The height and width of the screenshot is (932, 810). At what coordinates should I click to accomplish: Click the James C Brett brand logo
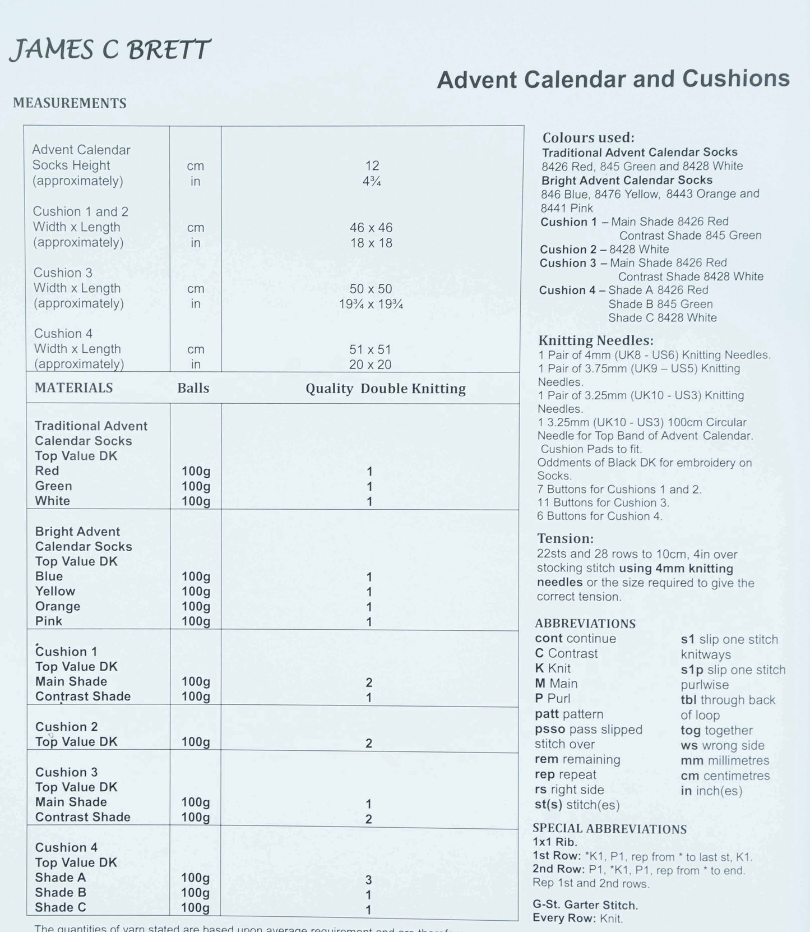[x=110, y=50]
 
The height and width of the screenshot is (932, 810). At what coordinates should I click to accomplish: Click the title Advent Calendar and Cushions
[x=613, y=79]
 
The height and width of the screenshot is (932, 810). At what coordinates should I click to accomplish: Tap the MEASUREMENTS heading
[x=70, y=103]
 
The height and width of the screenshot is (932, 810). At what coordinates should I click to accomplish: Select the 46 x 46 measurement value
[x=371, y=228]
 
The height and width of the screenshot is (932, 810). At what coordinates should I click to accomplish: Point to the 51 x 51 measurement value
[x=370, y=349]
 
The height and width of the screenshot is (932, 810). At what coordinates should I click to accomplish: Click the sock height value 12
[x=372, y=166]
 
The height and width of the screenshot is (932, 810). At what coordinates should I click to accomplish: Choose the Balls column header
[x=193, y=388]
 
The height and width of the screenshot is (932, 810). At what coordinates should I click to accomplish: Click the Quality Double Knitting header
[x=385, y=389]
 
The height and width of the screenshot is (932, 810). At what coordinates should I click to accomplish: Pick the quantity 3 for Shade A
[x=369, y=880]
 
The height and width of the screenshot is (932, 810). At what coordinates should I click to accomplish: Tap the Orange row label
[x=58, y=606]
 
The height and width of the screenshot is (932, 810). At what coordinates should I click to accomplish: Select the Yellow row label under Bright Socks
[x=55, y=591]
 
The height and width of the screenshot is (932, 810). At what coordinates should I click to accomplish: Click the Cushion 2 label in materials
[x=66, y=727]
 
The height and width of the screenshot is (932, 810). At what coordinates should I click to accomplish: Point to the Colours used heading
[x=588, y=138]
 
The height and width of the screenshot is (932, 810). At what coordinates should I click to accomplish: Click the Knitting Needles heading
[x=596, y=341]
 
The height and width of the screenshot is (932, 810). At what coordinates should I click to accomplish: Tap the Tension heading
[x=565, y=539]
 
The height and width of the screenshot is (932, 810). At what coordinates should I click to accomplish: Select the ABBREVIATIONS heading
[x=585, y=624]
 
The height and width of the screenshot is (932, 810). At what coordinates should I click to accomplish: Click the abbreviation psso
[x=550, y=730]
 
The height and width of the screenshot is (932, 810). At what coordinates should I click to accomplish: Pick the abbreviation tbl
[x=688, y=700]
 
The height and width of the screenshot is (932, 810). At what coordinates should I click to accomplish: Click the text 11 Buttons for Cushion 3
[x=603, y=503]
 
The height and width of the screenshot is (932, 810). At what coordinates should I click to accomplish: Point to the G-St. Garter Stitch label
[x=585, y=905]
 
